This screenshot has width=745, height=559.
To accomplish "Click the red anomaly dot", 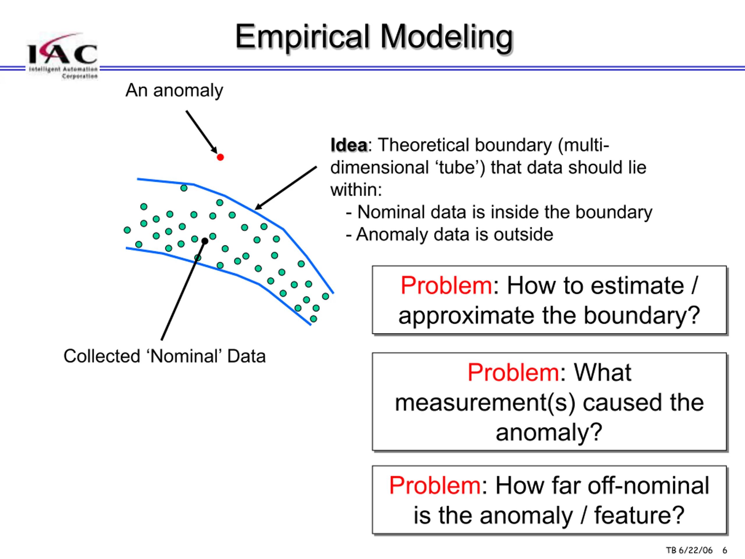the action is point(220,157).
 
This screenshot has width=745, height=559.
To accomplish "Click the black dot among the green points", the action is point(205,241).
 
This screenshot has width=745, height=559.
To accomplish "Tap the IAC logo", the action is point(63,56).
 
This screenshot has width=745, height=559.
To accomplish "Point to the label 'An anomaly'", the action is point(174,91).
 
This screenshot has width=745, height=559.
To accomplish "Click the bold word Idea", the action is point(349,145).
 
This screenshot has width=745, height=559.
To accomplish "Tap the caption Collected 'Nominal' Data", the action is point(165,356).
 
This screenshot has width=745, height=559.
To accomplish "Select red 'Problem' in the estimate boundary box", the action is point(446,286).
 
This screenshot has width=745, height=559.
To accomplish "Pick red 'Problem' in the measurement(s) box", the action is point(514,373).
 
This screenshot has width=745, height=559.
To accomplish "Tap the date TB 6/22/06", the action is point(689,550).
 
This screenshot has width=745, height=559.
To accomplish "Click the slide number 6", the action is point(724,550).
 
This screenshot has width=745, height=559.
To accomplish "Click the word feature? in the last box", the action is point(639,516).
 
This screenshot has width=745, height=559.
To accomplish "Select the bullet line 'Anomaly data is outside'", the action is point(450,234).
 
